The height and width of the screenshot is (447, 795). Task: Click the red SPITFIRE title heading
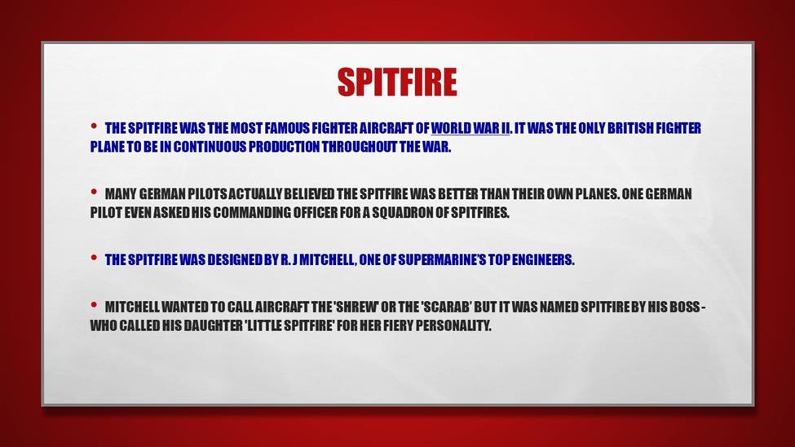[397, 82]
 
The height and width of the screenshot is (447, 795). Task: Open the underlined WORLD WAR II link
[470, 128]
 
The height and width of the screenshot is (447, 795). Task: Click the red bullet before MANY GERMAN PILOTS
[94, 192]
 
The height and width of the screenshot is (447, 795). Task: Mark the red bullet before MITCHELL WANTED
[94, 304]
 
